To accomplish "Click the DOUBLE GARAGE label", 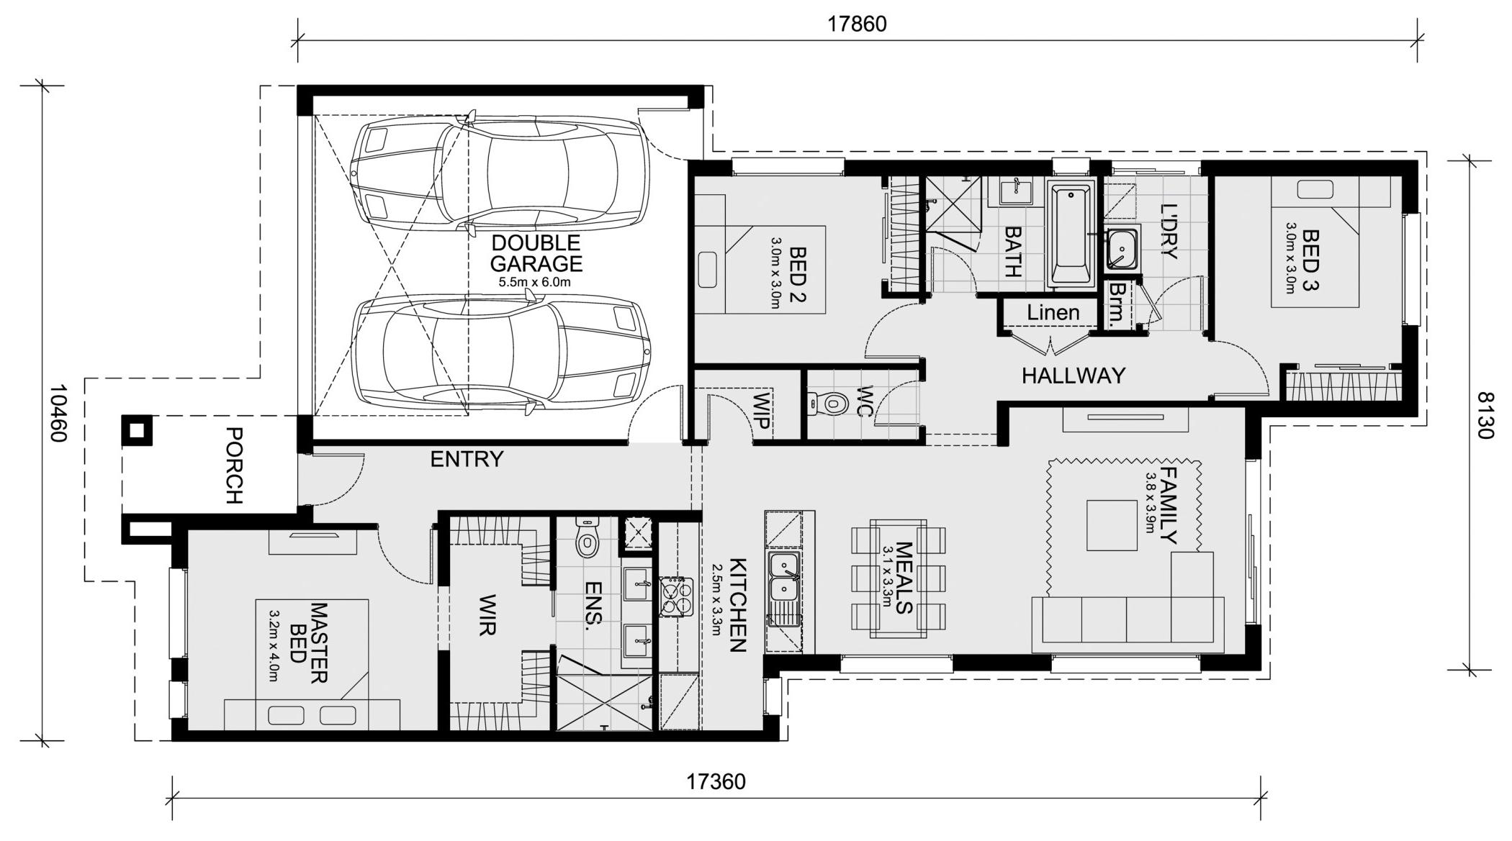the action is point(536,253).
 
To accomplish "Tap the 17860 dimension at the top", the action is point(857,24).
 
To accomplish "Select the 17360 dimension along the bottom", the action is point(716,782).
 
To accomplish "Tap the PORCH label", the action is point(235,465).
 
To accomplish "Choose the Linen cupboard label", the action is point(1053,313).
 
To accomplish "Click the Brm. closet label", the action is point(1120,304).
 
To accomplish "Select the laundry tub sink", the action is point(1122,247).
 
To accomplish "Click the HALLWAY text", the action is point(1073,376).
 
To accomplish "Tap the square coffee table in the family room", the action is point(1112,525).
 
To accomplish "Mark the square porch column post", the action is point(137,432).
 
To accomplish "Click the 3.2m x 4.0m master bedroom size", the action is point(274,647).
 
